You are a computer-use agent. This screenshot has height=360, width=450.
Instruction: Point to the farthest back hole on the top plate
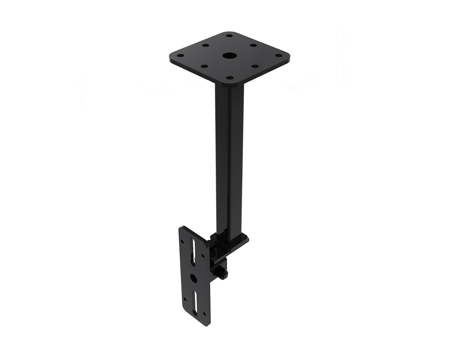230,36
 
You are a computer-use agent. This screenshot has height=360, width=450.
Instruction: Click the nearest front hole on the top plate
230,78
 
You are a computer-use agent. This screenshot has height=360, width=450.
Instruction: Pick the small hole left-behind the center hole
206,46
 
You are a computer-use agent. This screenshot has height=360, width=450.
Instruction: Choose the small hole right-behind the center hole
253,46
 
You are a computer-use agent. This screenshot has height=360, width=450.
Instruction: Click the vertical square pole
229,156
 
